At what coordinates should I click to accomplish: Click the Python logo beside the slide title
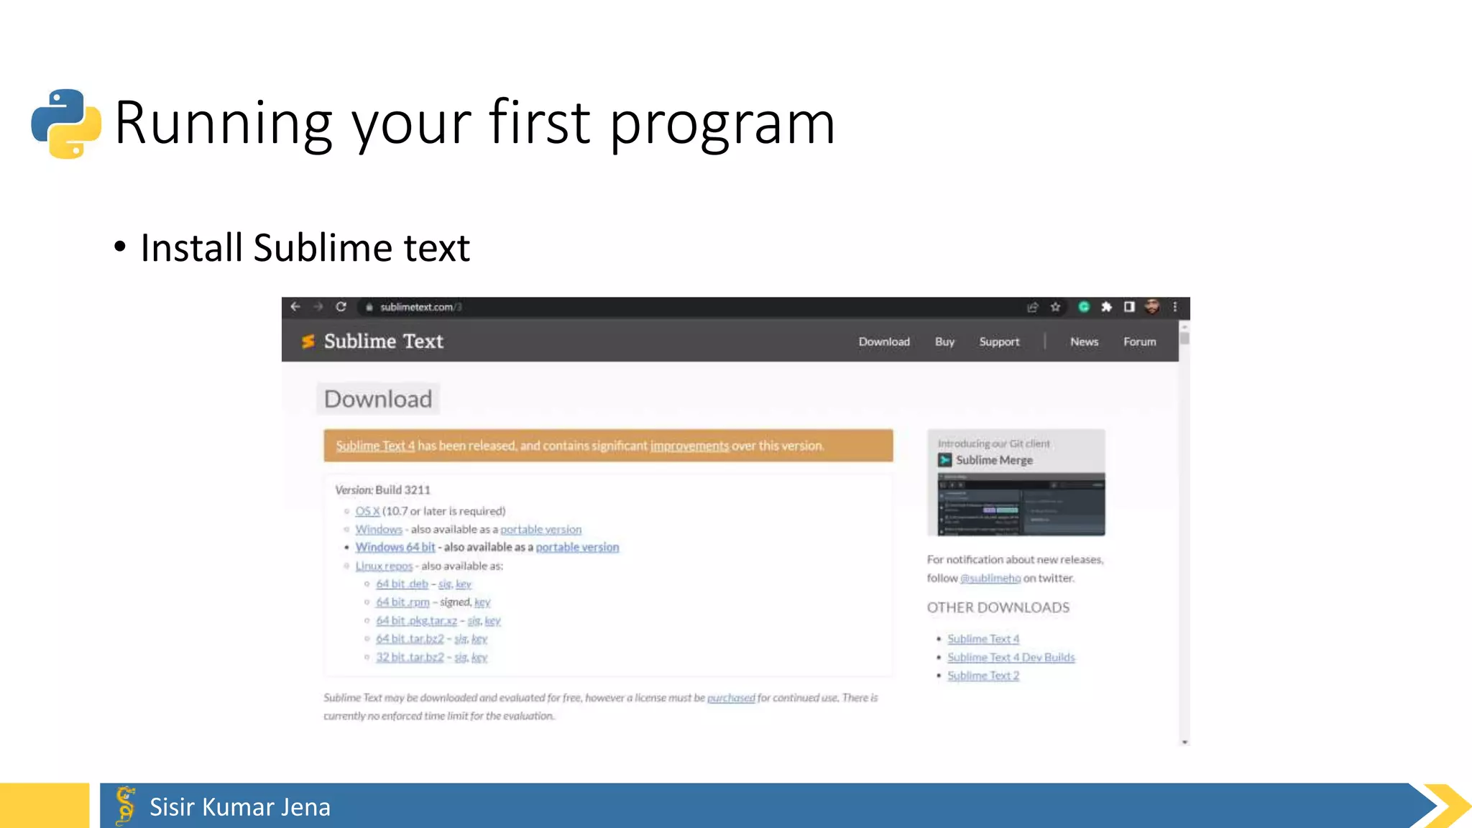click(66, 124)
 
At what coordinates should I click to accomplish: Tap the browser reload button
click(341, 307)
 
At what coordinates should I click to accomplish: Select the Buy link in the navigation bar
click(944, 341)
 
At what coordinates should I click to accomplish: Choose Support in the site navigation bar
click(999, 341)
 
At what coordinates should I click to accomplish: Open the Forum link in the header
click(1140, 341)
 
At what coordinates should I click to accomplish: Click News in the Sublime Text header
click(1084, 341)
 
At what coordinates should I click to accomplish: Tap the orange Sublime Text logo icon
click(308, 341)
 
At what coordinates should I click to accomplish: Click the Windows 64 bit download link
click(395, 547)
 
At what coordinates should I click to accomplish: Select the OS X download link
click(367, 511)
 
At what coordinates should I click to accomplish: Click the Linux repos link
click(384, 566)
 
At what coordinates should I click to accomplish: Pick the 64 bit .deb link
click(402, 584)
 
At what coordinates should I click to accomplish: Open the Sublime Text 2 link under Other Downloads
click(983, 676)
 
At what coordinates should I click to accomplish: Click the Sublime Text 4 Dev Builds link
click(1011, 657)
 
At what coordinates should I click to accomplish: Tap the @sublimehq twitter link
click(990, 578)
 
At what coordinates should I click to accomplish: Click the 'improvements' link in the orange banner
click(689, 446)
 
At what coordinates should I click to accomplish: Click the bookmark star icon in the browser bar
click(1055, 307)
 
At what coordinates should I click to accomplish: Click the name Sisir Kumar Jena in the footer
click(240, 807)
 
